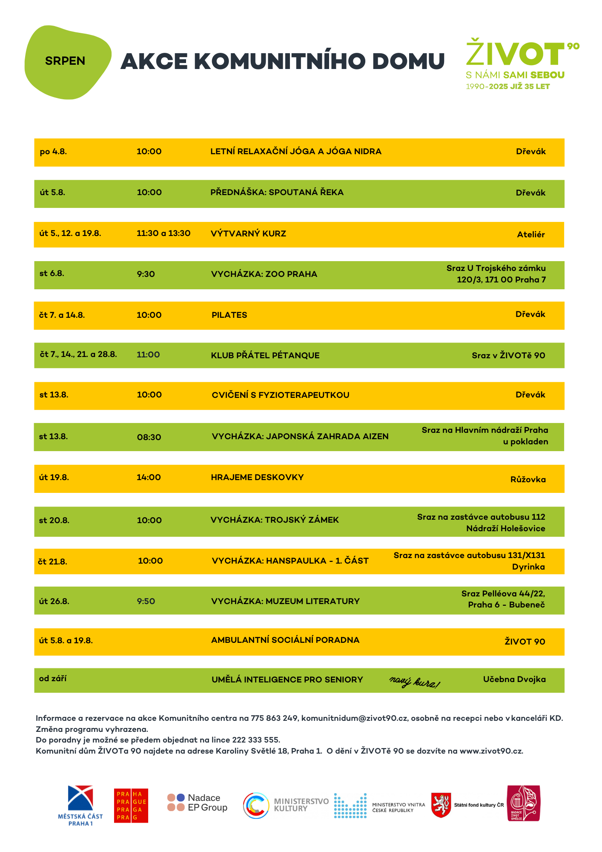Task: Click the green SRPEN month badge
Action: pyautogui.click(x=66, y=61)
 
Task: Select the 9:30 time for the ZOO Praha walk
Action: pyautogui.click(x=146, y=274)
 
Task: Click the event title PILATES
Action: pyautogui.click(x=229, y=315)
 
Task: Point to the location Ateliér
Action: pyautogui.click(x=530, y=234)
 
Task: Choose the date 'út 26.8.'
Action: pyautogui.click(x=54, y=601)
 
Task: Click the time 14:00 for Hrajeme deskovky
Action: pyautogui.click(x=149, y=477)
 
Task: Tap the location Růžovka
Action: pyautogui.click(x=528, y=479)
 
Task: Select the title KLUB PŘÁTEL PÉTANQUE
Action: pyautogui.click(x=265, y=355)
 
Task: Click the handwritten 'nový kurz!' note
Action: pyautogui.click(x=414, y=682)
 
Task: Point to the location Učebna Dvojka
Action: pyautogui.click(x=514, y=679)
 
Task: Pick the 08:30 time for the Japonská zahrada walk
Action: pyautogui.click(x=149, y=437)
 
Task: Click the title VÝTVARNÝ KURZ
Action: pyautogui.click(x=248, y=233)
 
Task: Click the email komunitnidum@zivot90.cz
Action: pyautogui.click(x=354, y=718)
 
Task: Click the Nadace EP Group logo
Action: pyautogui.click(x=197, y=803)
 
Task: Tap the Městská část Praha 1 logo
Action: pyautogui.click(x=80, y=805)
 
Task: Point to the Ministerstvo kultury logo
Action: pyautogui.click(x=285, y=805)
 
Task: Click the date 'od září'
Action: pyautogui.click(x=53, y=678)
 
